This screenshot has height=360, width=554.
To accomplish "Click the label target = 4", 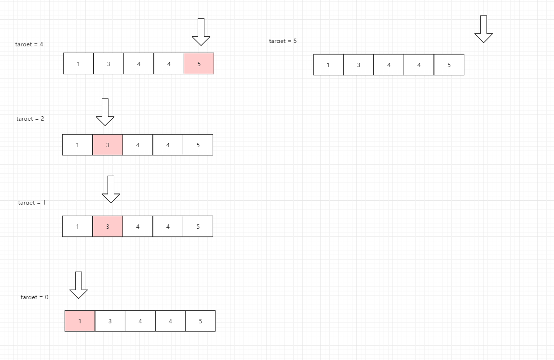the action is [29, 44].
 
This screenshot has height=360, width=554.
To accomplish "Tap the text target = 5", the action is [283, 41].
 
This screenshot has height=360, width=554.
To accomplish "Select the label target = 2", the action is [30, 119].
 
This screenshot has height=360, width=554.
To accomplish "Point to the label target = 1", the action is [32, 203].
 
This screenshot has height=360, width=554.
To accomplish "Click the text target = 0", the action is [34, 297].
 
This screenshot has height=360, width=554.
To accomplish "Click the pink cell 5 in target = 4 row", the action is [199, 64].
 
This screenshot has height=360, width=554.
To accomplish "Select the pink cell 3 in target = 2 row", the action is [108, 145].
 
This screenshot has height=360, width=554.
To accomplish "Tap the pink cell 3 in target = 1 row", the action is [108, 226].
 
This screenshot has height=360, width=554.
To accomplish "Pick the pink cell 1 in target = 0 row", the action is [80, 321].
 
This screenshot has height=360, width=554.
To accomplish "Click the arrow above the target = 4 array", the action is [201, 32].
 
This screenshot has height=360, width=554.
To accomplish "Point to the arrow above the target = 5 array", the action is [484, 29].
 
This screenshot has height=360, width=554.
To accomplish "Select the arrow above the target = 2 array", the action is [105, 112].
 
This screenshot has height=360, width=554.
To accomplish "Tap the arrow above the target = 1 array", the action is [111, 189].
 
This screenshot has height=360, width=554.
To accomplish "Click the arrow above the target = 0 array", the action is [79, 285].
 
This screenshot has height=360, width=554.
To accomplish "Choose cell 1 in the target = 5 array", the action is [328, 65].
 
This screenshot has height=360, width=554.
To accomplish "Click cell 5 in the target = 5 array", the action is [449, 65].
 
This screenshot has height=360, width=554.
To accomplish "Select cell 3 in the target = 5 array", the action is [358, 65].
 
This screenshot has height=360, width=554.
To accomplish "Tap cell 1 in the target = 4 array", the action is [78, 64].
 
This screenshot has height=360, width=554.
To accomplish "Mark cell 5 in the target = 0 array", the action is [200, 321].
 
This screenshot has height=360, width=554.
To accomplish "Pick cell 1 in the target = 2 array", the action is [77, 145].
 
